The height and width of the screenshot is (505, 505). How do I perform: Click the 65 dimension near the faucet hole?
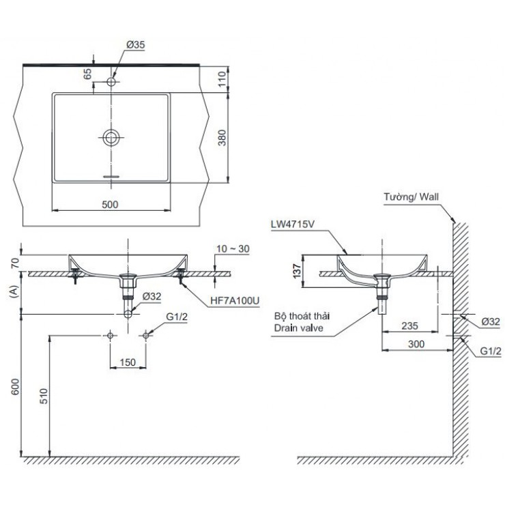[87, 74]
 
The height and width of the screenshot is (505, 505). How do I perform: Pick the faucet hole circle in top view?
[111, 83]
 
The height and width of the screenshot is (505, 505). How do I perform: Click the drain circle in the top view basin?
[111, 137]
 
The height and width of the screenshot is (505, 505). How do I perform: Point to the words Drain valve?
[298, 328]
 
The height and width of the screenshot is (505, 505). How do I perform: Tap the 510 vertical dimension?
[43, 396]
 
